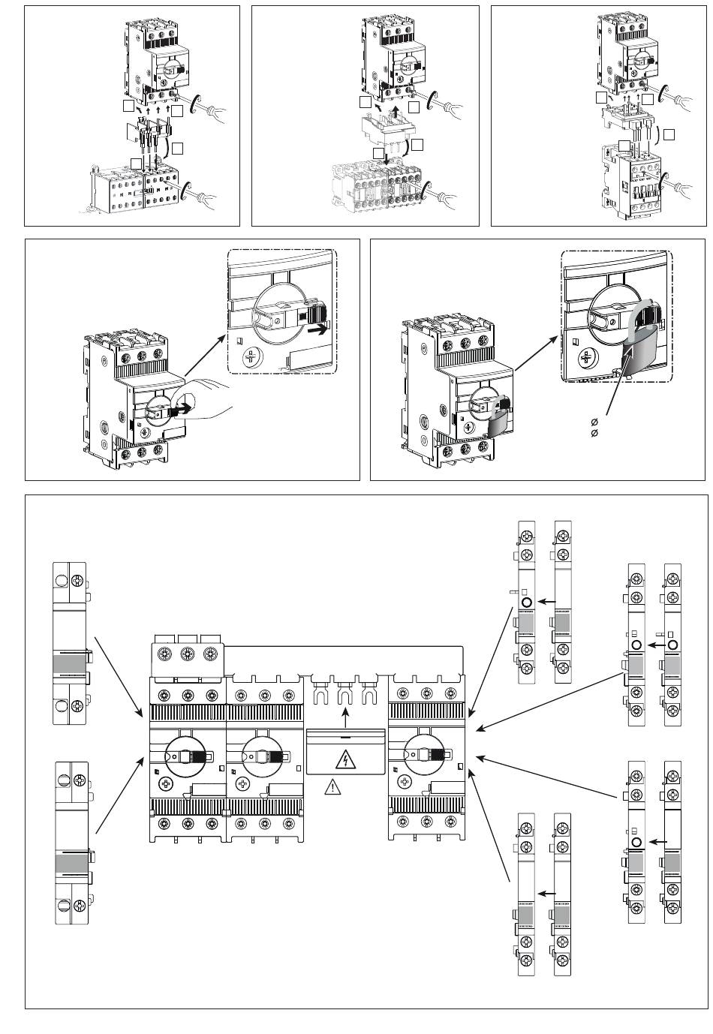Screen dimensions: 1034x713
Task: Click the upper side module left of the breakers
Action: point(70,642)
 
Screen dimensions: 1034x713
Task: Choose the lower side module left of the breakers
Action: point(73,843)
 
